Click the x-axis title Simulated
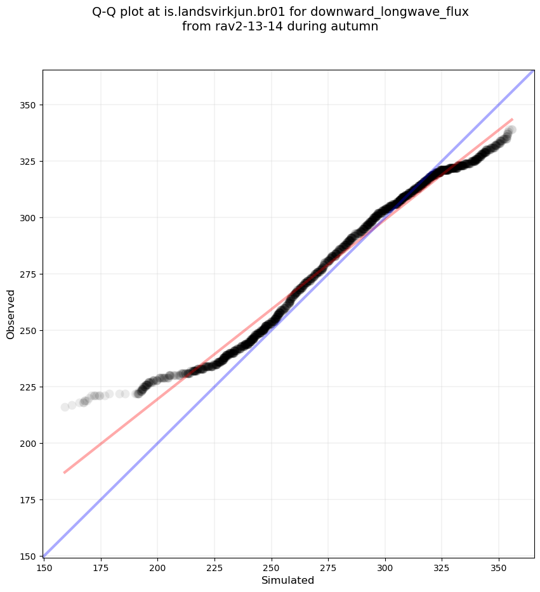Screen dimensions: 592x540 click(287, 580)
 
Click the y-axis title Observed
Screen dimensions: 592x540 click(11, 314)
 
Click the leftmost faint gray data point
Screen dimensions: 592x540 click(65, 407)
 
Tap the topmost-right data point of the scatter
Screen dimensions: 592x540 click(511, 130)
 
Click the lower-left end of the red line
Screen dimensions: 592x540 click(64, 472)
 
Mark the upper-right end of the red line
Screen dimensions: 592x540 click(512, 119)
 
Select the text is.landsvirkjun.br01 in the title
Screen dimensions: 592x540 click(223, 12)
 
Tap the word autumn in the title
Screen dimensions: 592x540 click(357, 27)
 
